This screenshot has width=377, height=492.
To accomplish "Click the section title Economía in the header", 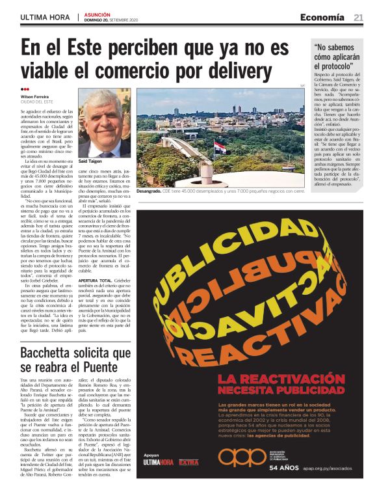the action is tap(322, 18).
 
